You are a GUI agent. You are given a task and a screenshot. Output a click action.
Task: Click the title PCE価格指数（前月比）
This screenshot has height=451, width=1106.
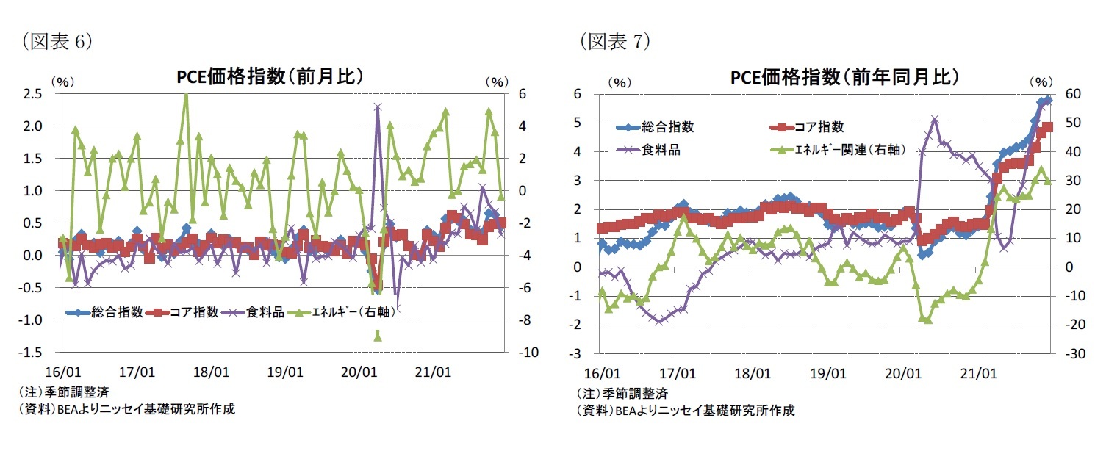pyautogui.click(x=270, y=77)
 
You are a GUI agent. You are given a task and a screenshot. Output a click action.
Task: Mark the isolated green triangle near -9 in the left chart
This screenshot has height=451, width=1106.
pyautogui.click(x=378, y=336)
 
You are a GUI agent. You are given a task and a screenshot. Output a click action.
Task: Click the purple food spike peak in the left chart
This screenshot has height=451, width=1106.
pyautogui.click(x=378, y=107)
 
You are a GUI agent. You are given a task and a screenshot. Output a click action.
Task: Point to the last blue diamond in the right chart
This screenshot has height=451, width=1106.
pyautogui.click(x=1049, y=100)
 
